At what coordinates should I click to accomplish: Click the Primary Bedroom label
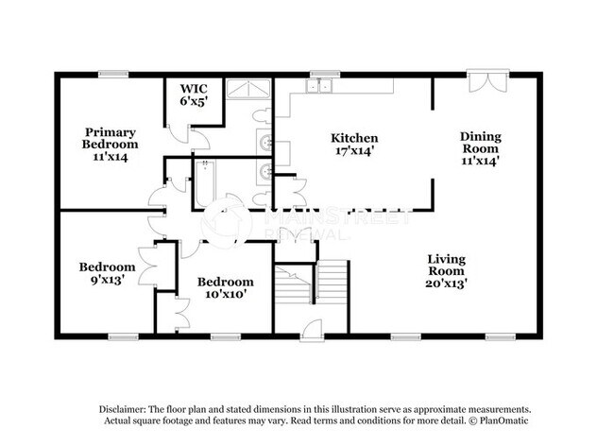point(111,139)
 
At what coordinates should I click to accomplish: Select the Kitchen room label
point(356,138)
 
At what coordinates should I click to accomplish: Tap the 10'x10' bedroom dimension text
point(225,294)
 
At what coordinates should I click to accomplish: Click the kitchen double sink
point(319,87)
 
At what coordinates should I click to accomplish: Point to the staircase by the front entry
point(312,284)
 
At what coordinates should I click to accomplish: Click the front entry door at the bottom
point(311,330)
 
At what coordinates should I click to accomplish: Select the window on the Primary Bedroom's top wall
point(114,73)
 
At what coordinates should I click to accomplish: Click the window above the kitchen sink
point(326,73)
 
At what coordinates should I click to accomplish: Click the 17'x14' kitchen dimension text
point(356,150)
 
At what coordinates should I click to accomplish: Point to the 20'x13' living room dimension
point(446,282)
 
